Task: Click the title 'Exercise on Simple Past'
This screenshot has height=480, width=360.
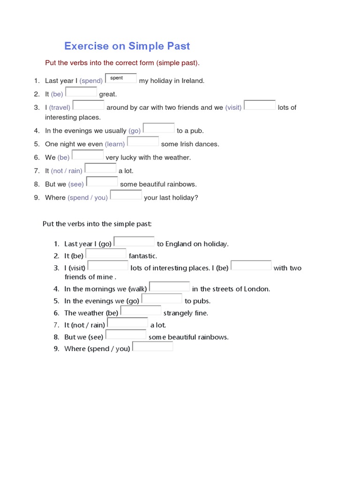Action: [x=127, y=46]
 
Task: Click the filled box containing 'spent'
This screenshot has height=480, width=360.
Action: [x=121, y=78]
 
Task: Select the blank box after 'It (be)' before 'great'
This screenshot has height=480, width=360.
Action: [x=81, y=92]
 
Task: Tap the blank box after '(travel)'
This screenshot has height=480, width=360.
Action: [x=89, y=105]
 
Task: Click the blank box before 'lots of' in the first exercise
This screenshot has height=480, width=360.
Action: [x=260, y=105]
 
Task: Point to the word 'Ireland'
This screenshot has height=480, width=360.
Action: [x=192, y=81]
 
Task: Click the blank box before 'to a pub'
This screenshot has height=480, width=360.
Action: [x=158, y=128]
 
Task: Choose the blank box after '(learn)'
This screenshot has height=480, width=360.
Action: [x=143, y=142]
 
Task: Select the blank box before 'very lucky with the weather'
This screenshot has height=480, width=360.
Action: [x=88, y=155]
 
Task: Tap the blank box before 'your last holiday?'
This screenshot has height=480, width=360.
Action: [x=126, y=195]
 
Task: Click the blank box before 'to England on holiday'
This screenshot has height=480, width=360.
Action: [x=134, y=241]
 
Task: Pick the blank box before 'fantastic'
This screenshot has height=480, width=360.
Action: [x=106, y=254]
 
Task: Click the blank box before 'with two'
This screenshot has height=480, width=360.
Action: [x=251, y=266]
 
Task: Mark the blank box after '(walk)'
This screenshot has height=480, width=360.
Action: [x=169, y=286]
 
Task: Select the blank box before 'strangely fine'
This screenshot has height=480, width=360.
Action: [x=141, y=310]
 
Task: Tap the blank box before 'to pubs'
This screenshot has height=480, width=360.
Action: [x=162, y=299]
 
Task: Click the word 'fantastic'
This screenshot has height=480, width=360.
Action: [x=143, y=256]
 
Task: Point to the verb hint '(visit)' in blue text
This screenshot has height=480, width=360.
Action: [x=233, y=107]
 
